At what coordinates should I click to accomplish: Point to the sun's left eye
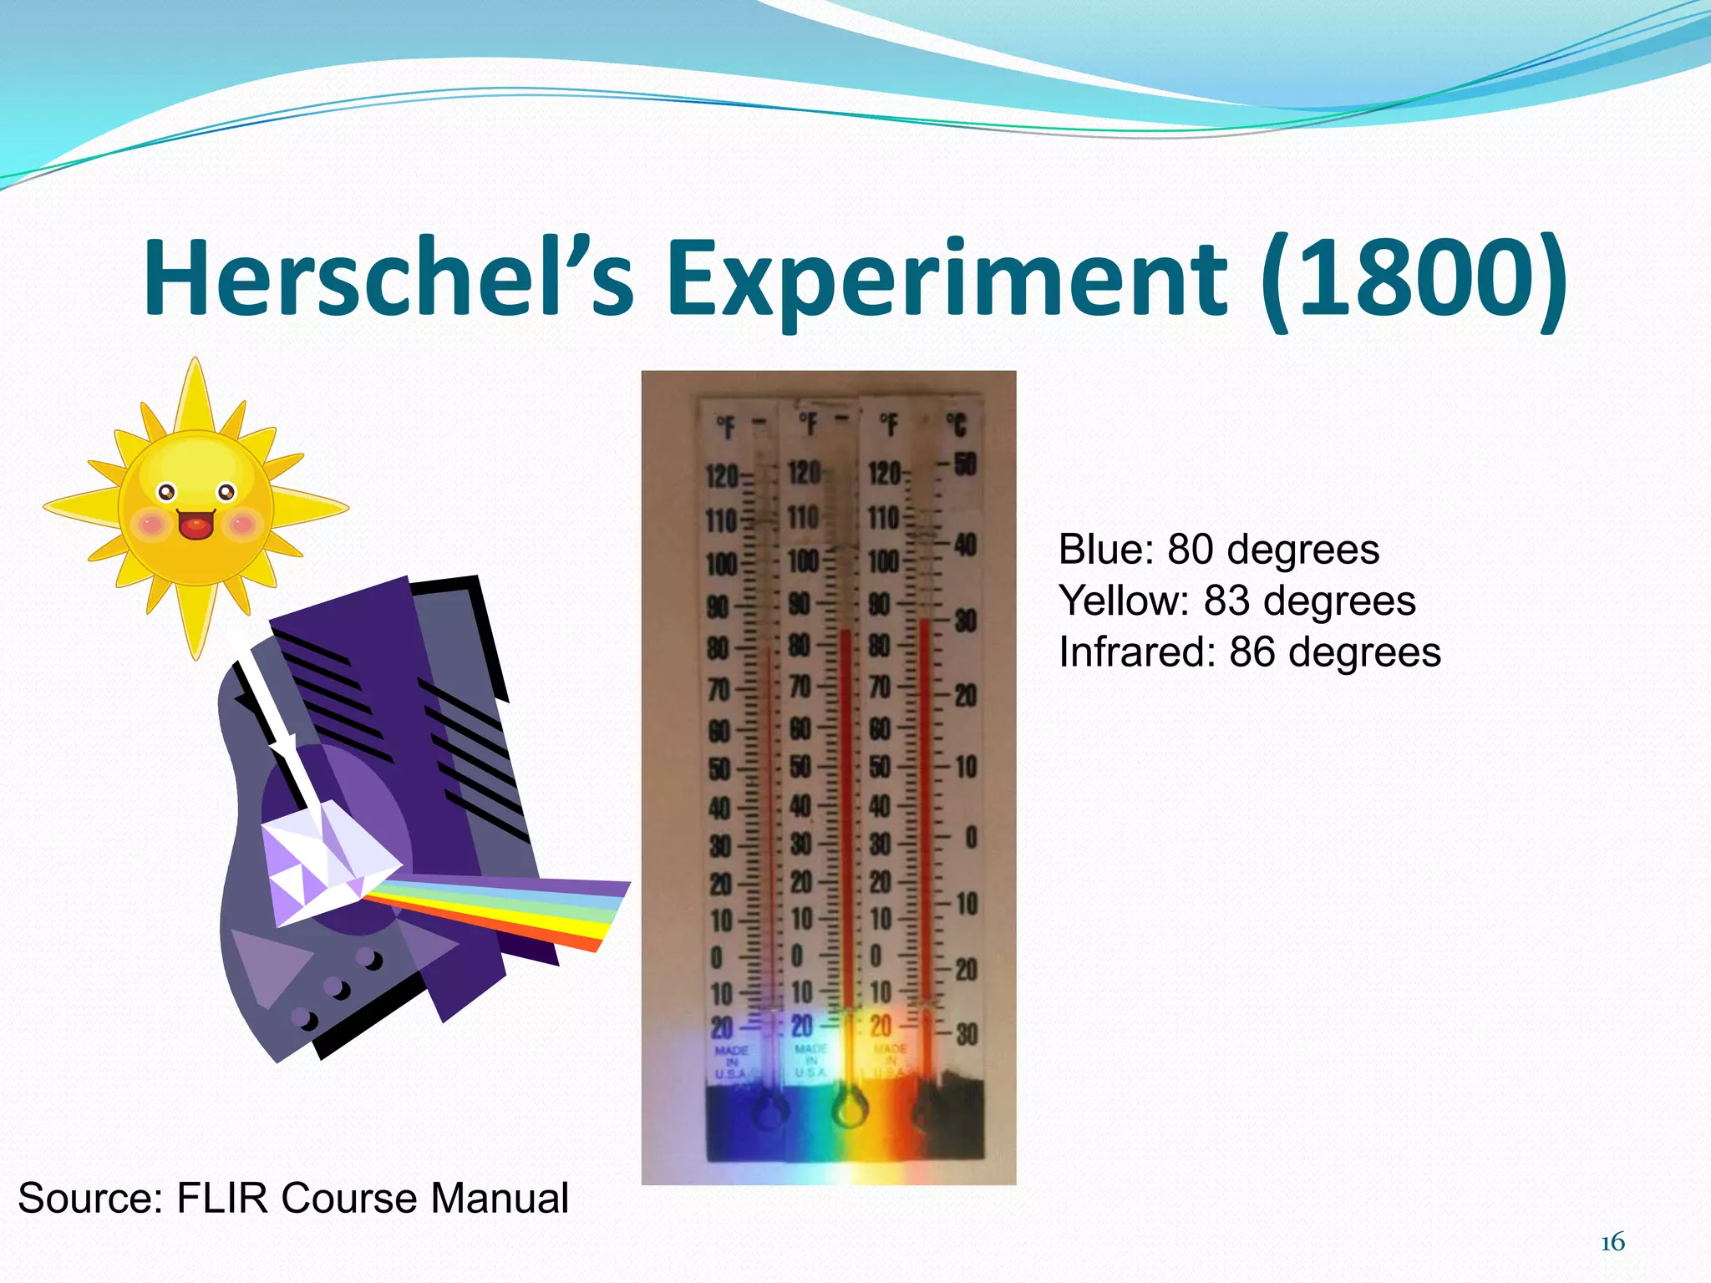(x=166, y=492)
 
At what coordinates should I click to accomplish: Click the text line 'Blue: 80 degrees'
(x=1219, y=550)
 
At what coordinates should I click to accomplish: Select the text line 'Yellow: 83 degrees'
(x=1237, y=601)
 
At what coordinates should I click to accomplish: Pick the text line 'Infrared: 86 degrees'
(x=1250, y=652)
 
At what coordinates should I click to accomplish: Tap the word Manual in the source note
(x=500, y=1198)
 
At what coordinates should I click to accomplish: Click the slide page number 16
(x=1612, y=1243)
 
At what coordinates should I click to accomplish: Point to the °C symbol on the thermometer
(x=957, y=425)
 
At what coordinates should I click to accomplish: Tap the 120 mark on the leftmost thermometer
(x=721, y=477)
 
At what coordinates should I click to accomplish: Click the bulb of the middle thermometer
(x=850, y=1110)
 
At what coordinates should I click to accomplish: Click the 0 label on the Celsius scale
(x=971, y=837)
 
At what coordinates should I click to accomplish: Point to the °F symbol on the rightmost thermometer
(x=889, y=425)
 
